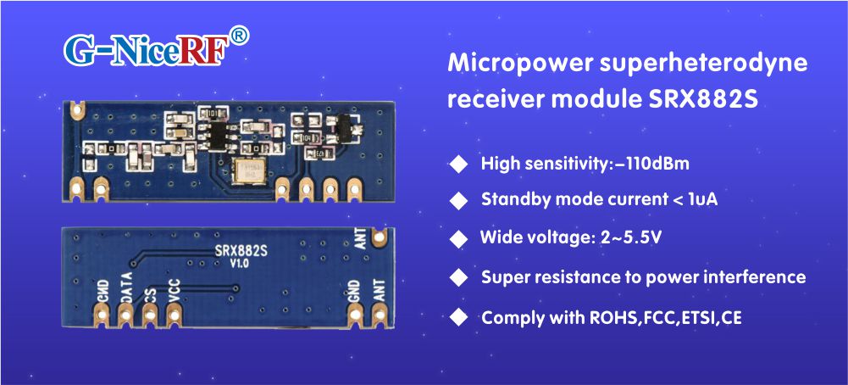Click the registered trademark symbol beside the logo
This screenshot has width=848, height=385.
[240, 36]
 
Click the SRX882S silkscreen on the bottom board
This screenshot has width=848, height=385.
[241, 250]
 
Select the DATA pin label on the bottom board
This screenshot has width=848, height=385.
[126, 287]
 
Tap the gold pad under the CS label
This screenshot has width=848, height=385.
[150, 315]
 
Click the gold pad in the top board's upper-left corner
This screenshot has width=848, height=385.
[79, 108]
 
